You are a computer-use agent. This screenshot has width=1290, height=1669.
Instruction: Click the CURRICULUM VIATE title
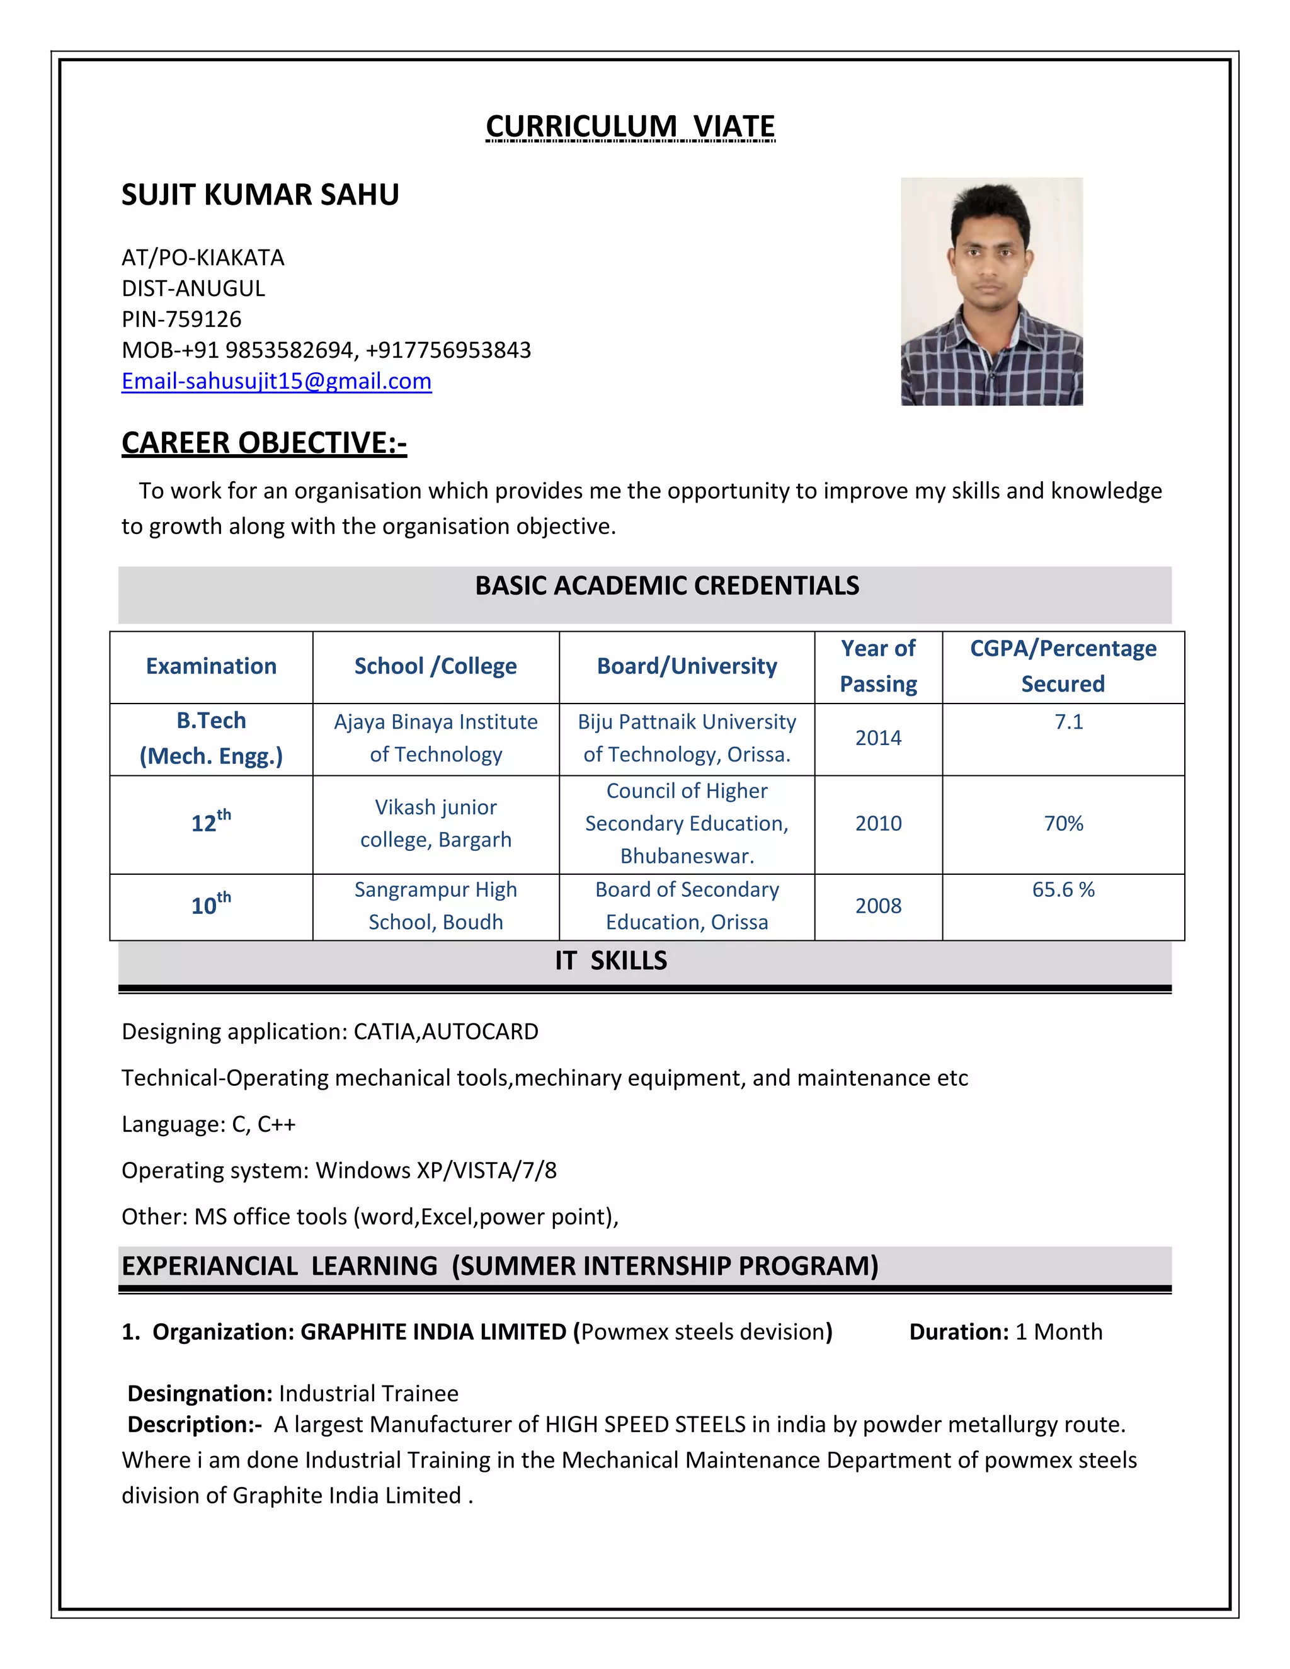(631, 126)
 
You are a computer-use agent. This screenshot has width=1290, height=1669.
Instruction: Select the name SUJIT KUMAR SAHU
(260, 195)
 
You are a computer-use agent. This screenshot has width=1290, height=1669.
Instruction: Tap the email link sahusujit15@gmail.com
(277, 380)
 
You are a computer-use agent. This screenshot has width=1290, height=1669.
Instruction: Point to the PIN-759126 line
(181, 319)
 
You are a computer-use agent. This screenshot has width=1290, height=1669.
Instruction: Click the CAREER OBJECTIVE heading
(264, 443)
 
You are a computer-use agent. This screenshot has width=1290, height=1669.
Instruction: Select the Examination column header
(211, 666)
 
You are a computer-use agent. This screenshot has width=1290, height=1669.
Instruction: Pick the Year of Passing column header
(878, 666)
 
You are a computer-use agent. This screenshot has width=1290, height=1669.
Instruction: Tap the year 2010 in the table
(878, 823)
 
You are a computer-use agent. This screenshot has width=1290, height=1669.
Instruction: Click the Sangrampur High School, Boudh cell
(436, 906)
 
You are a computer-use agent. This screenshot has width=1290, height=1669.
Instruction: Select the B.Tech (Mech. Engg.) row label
(211, 738)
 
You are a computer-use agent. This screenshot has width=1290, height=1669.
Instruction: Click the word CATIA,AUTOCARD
(445, 1032)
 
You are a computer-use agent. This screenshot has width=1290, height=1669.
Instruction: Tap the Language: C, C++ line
(208, 1124)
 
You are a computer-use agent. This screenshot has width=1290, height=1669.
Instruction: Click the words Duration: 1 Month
(1005, 1332)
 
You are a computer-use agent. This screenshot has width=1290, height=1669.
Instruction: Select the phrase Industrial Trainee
(368, 1393)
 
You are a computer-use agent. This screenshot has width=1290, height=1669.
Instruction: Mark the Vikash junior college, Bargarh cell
(436, 823)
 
